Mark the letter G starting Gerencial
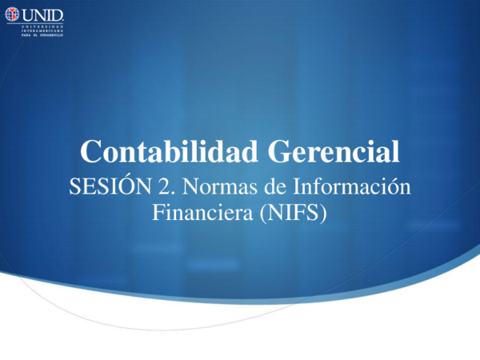[279, 151]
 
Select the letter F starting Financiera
[157, 213]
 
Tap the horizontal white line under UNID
[35, 23]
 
